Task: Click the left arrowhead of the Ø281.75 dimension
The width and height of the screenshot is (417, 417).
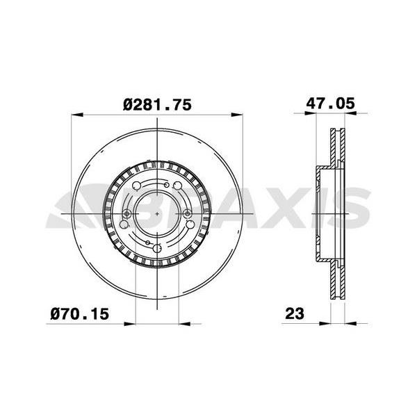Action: [76, 115]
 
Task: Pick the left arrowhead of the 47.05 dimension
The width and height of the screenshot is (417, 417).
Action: [320, 115]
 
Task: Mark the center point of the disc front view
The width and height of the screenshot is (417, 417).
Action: [158, 212]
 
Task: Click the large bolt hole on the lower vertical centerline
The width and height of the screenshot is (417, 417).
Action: [158, 248]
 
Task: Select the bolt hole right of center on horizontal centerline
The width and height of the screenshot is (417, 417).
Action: [188, 213]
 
